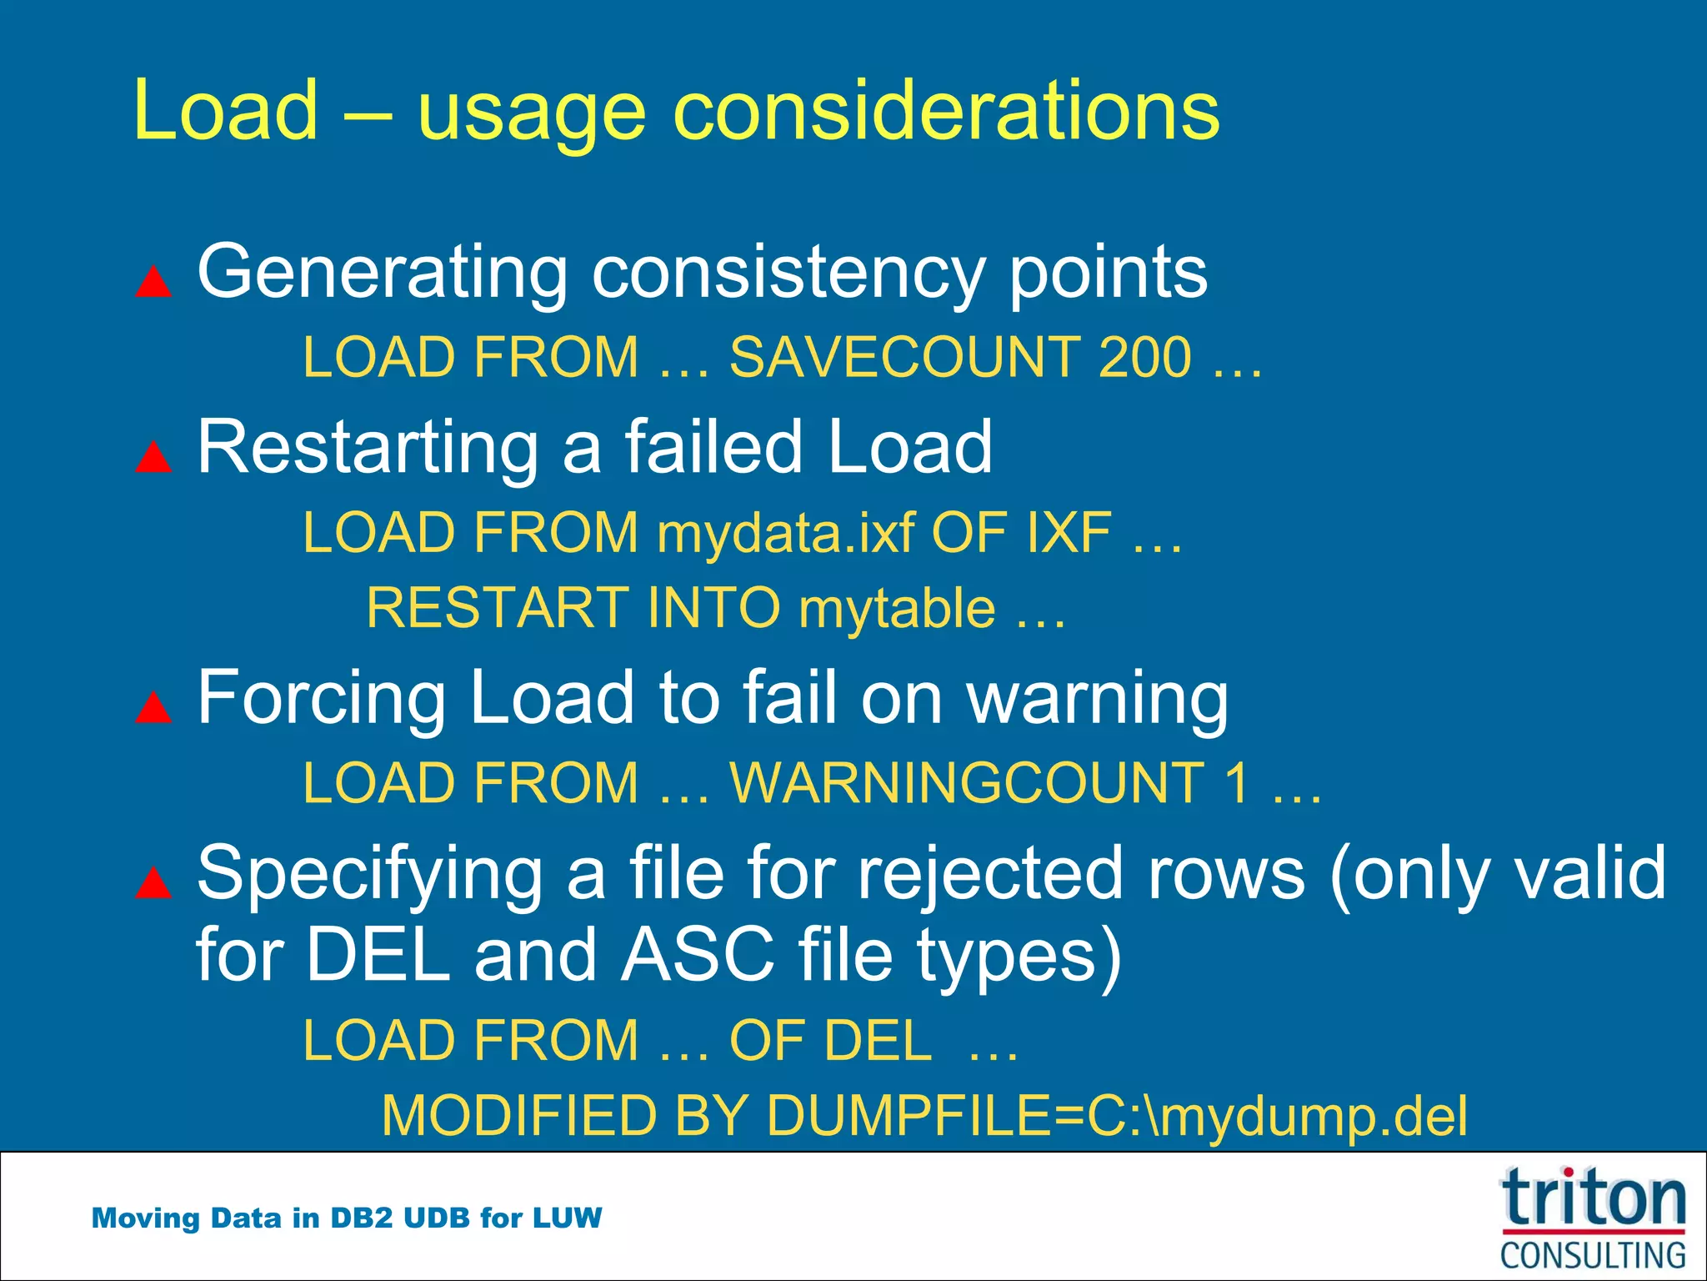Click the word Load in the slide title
pyautogui.click(x=225, y=110)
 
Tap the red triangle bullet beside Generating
pyautogui.click(x=153, y=282)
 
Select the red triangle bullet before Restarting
pyautogui.click(x=153, y=457)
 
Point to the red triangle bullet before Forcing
pyautogui.click(x=153, y=707)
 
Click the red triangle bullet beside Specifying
pyautogui.click(x=153, y=882)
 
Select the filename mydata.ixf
pyautogui.click(x=785, y=533)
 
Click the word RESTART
pyautogui.click(x=498, y=608)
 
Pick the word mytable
pyautogui.click(x=897, y=608)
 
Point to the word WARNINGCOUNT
pyautogui.click(x=966, y=783)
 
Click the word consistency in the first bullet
pyautogui.click(x=788, y=272)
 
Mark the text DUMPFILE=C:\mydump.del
pyautogui.click(x=1117, y=1116)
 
